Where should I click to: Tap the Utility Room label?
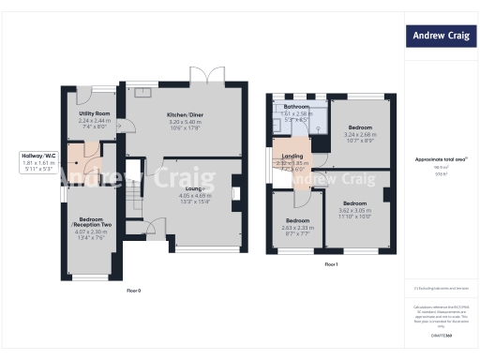point(95,112)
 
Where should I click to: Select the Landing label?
point(292,156)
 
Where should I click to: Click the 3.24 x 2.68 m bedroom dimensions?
point(360,134)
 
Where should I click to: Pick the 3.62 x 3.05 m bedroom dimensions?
point(354,212)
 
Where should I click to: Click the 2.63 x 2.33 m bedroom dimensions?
point(297,228)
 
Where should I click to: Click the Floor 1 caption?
point(331,265)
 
